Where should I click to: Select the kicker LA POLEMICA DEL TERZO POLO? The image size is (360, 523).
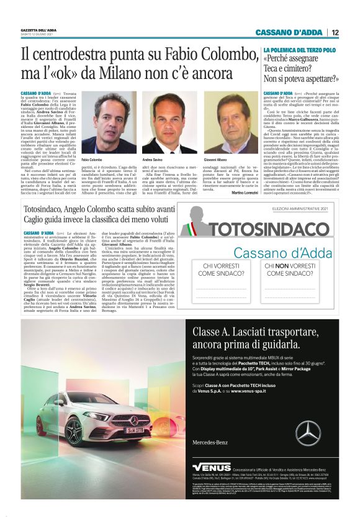pos(300,49)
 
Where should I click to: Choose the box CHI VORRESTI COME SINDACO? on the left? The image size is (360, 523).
pos(228,271)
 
